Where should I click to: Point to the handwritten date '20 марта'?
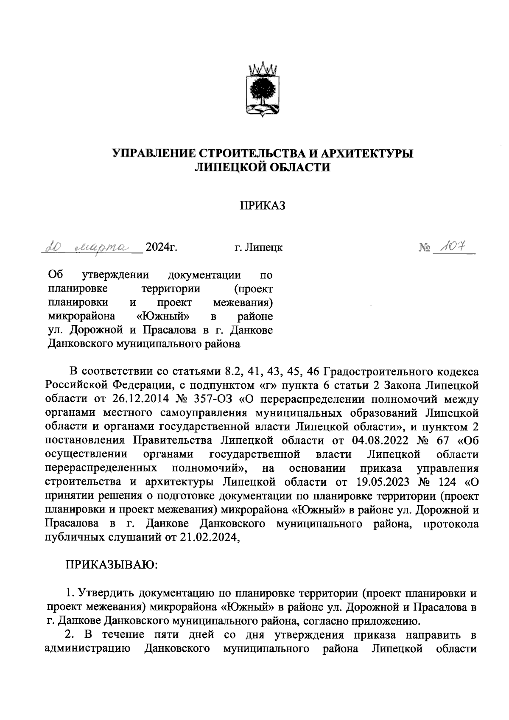(91, 247)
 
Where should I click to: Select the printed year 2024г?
(161, 247)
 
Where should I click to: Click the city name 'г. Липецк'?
(258, 247)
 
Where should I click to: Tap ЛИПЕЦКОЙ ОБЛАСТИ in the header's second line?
(261, 168)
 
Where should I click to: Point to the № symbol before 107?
(424, 247)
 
